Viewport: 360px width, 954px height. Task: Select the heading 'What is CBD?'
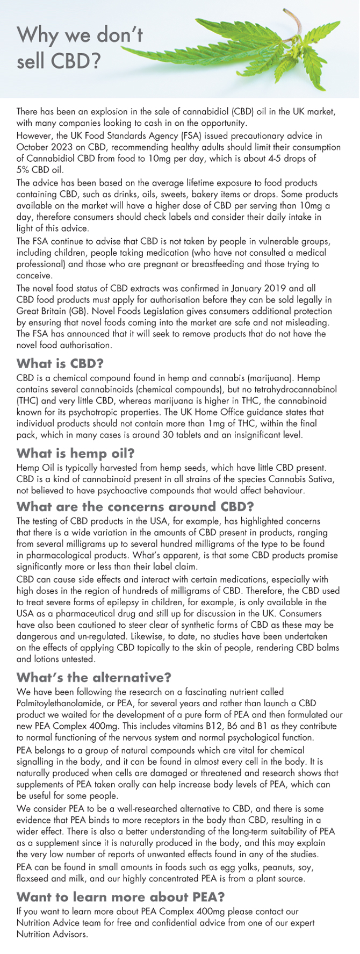coord(60,363)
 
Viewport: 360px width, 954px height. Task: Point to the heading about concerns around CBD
coord(135,506)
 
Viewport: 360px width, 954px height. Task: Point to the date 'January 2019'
coord(242,288)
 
